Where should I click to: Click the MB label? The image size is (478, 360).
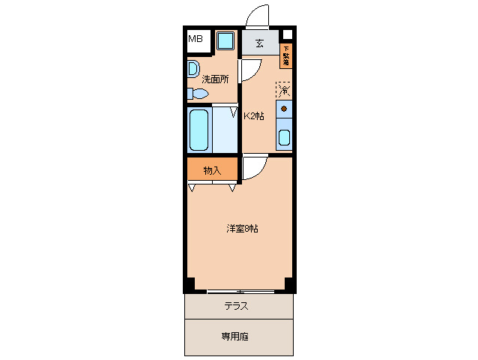195,39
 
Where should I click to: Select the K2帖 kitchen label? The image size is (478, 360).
254,116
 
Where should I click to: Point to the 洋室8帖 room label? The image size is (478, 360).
242,229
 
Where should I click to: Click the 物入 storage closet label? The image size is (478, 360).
212,170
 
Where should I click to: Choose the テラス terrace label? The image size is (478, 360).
236,306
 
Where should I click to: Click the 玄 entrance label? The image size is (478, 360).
259,43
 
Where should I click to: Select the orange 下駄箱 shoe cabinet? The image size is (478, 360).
285,57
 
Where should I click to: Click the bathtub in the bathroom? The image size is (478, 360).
199,129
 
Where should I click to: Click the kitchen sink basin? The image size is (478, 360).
284,138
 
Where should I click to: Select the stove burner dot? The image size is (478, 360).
284,109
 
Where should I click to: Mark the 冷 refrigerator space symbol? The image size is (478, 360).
283,89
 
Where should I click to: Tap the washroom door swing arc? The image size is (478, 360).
248,71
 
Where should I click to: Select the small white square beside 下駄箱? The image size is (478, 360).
287,34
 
